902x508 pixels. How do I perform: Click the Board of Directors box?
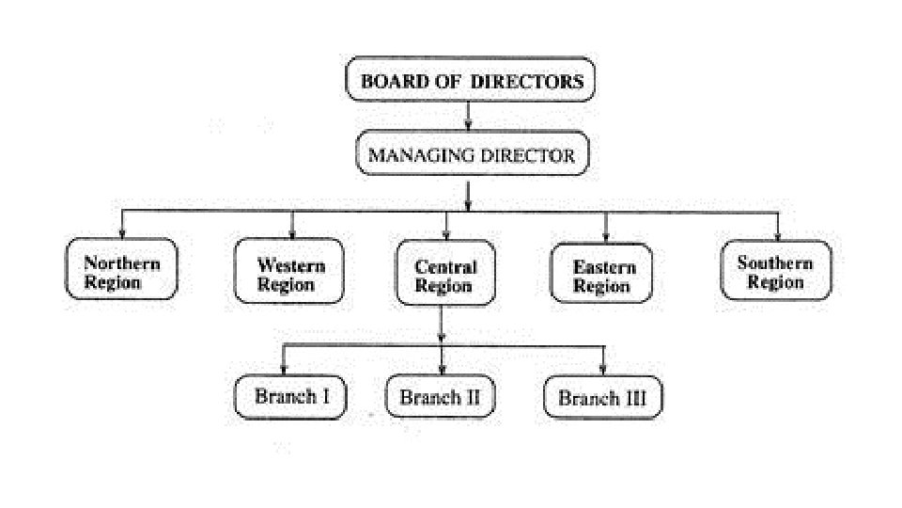tap(472, 80)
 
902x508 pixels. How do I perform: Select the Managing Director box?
tap(472, 155)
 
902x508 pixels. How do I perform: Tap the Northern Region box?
tap(121, 271)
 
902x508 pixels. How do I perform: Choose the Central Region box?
tap(445, 277)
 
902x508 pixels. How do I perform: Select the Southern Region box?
tap(776, 271)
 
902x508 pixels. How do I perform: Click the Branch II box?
tap(440, 397)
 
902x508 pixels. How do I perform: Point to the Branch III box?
tap(602, 397)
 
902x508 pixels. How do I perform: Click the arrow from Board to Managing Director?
tap(468, 119)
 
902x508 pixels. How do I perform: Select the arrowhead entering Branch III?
tap(603, 368)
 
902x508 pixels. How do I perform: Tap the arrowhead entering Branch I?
tap(286, 368)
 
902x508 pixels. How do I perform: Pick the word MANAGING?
tap(418, 155)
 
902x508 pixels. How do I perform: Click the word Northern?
tap(121, 263)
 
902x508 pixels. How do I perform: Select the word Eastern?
tap(603, 266)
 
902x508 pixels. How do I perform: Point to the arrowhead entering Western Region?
tap(292, 233)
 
